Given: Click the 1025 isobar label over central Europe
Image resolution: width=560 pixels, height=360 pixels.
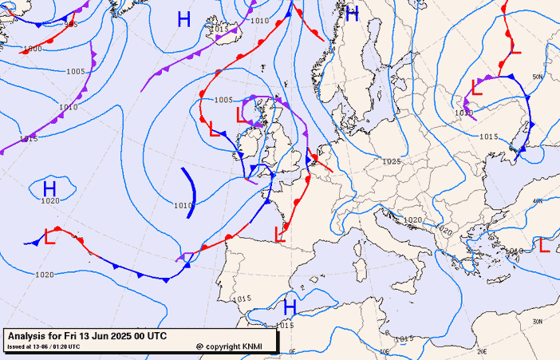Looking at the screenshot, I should pos(391,161).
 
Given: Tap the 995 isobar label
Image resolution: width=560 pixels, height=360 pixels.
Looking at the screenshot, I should pos(71,24).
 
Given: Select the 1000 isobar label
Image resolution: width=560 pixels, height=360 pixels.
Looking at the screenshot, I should pos(32,49).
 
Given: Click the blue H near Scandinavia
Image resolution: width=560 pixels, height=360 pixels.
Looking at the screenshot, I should pos(352,14).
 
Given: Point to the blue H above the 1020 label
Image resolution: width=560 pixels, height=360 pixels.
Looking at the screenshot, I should pos(49,188).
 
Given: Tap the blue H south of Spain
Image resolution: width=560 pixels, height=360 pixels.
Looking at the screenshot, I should pos(290,307).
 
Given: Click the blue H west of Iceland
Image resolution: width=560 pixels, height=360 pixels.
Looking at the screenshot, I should pos(183,19).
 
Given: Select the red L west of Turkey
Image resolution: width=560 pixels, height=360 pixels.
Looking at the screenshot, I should pos(545,246).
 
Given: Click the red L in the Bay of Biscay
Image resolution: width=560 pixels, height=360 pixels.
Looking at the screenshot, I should pos(280,234).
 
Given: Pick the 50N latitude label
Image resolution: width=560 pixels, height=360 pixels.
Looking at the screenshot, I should pos(538,77).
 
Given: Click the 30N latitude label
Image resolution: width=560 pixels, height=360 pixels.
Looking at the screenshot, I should pos(537,321).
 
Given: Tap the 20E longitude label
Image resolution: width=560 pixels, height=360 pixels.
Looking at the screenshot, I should pos(385,350).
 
